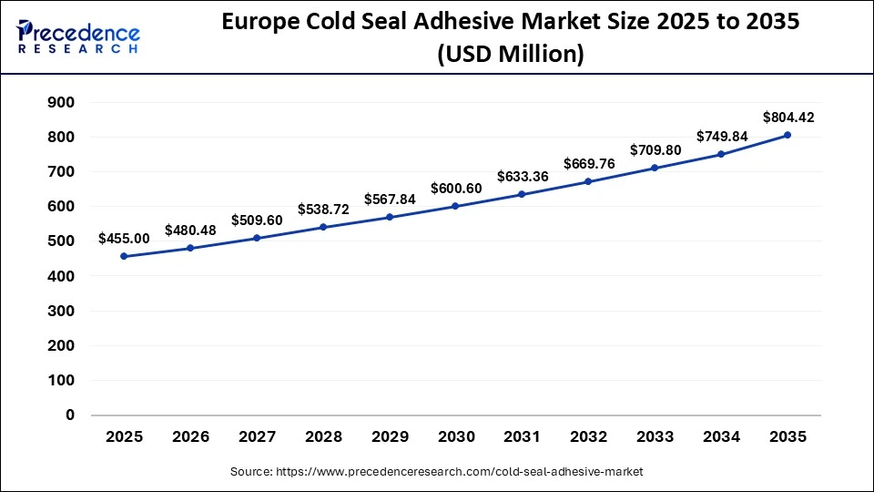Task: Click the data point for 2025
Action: pos(124,257)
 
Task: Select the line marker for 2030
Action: pos(455,206)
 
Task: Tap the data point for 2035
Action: pos(788,135)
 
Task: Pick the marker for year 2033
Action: pos(655,168)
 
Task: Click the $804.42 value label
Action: pos(789,118)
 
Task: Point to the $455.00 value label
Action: pos(124,239)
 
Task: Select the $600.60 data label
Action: pos(456,188)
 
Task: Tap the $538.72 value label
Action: pos(323,209)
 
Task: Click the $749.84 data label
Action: pos(722,136)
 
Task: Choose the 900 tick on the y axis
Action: pos(61,102)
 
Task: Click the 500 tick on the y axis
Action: pos(61,241)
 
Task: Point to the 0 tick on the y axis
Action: pos(69,415)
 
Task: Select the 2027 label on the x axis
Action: pos(257,437)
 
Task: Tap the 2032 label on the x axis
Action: pos(588,437)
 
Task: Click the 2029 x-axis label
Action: pos(390,437)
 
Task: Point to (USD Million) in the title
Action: pos(511,55)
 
